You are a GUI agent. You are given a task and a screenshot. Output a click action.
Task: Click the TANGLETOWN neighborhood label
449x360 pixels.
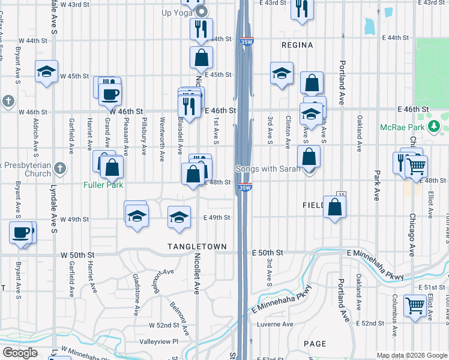[196, 247]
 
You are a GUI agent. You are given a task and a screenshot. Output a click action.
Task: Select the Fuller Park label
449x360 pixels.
[103, 185]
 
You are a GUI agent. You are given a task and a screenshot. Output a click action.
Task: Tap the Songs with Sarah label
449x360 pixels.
[268, 169]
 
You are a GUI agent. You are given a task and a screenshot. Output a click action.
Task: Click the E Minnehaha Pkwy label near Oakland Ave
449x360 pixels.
[378, 274]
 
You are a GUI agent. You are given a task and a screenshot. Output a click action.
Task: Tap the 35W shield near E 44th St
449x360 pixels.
[245, 42]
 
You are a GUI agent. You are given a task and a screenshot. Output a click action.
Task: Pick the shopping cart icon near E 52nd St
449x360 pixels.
[415, 305]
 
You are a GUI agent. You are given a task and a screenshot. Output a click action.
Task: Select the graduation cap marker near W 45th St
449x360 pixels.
[46, 72]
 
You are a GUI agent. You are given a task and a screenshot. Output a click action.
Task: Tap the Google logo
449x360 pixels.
[20, 353]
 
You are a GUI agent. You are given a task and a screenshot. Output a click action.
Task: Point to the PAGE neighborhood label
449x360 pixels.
[315, 344]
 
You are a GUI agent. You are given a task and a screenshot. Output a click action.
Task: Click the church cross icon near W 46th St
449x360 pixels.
[8, 100]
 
